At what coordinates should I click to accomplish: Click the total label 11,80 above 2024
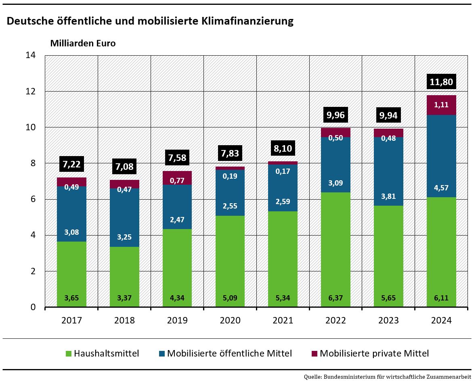441,82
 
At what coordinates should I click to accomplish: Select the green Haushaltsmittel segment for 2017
71,274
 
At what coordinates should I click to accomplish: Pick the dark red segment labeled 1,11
441,105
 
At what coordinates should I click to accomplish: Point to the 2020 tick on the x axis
230,321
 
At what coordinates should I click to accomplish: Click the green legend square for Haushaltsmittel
69,354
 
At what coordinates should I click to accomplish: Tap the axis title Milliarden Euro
83,43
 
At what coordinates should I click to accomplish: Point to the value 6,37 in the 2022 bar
336,299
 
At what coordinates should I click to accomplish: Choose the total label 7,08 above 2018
124,166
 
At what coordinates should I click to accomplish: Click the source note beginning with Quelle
387,377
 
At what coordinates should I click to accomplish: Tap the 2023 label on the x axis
388,321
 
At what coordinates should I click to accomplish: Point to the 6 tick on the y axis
33,199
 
